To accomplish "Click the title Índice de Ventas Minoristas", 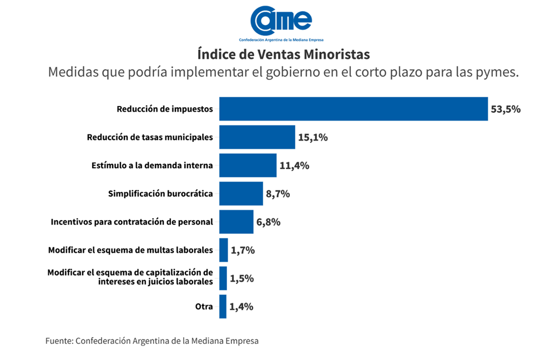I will click(x=283, y=54).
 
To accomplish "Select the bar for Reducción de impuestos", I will click(x=353, y=109).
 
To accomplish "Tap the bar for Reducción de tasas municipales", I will click(x=257, y=137).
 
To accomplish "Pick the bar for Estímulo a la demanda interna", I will click(x=248, y=165).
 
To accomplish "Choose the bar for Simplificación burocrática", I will click(x=241, y=193).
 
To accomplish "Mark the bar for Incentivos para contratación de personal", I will click(x=236, y=222).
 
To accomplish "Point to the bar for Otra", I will click(x=223, y=306).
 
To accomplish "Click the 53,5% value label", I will click(x=505, y=109).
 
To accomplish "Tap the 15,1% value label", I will click(x=313, y=137).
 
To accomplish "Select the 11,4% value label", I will click(x=294, y=165).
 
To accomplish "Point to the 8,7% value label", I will click(x=278, y=194).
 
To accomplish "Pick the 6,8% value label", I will click(x=268, y=222).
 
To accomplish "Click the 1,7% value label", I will click(x=243, y=250).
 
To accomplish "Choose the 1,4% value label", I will click(x=241, y=306).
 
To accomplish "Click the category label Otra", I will click(x=204, y=306).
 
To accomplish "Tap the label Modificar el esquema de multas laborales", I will click(x=130, y=250).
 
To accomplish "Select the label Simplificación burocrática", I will click(x=160, y=193).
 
